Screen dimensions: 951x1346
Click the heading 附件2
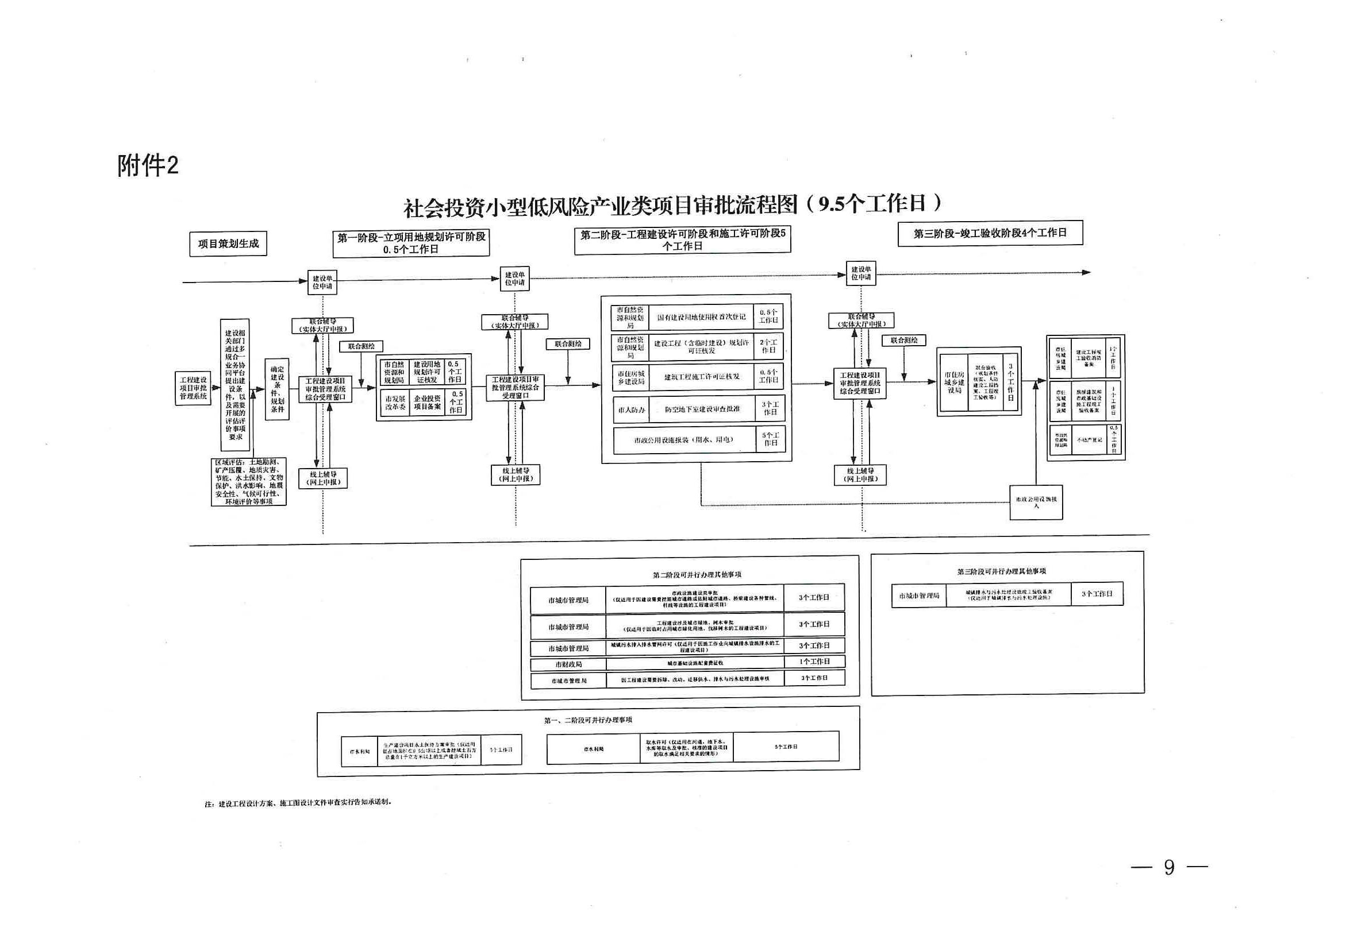point(148,166)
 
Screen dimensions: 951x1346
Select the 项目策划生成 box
point(228,243)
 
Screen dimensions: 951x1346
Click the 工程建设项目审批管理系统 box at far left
point(193,388)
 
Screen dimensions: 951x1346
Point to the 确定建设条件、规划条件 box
point(276,389)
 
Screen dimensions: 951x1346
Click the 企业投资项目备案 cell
point(427,403)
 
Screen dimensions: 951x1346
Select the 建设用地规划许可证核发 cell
point(427,372)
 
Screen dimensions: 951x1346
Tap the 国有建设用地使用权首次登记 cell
point(701,317)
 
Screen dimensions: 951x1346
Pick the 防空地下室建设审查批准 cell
point(702,409)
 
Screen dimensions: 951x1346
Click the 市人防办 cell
point(631,410)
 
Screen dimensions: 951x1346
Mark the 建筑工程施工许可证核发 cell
point(702,377)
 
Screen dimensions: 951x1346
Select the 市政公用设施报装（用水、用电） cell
point(683,440)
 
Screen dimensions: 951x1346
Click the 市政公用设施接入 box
point(1036,502)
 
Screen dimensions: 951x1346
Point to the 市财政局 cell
point(568,664)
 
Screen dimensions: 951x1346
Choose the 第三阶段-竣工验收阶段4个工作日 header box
point(990,233)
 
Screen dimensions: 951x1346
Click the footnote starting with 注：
point(298,803)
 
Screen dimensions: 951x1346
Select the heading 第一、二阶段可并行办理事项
point(588,720)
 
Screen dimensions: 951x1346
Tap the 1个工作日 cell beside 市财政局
point(814,662)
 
